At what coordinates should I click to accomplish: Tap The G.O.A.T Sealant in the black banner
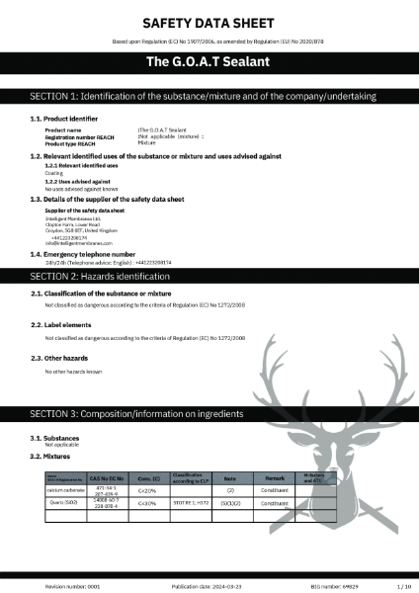pyautogui.click(x=209, y=62)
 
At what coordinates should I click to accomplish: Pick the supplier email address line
pyautogui.click(x=79, y=243)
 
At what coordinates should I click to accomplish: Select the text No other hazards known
pyautogui.click(x=73, y=372)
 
